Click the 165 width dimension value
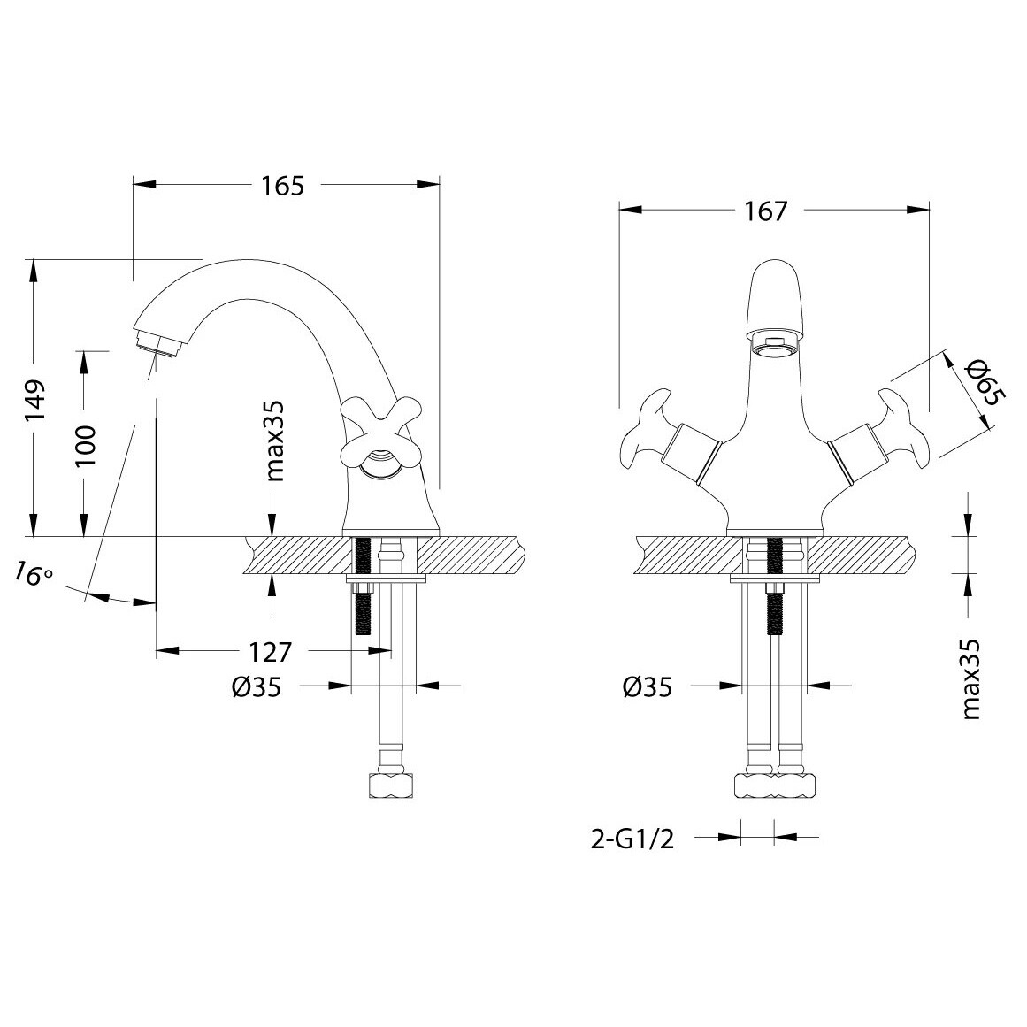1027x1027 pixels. point(283,186)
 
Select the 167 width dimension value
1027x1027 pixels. point(765,211)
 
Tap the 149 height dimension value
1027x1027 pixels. point(36,400)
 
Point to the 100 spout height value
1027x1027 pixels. point(85,445)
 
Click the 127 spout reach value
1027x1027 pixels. point(269,652)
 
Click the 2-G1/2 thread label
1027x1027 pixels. point(632,839)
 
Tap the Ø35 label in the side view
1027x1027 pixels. point(257,687)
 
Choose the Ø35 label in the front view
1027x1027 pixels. point(648,687)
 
